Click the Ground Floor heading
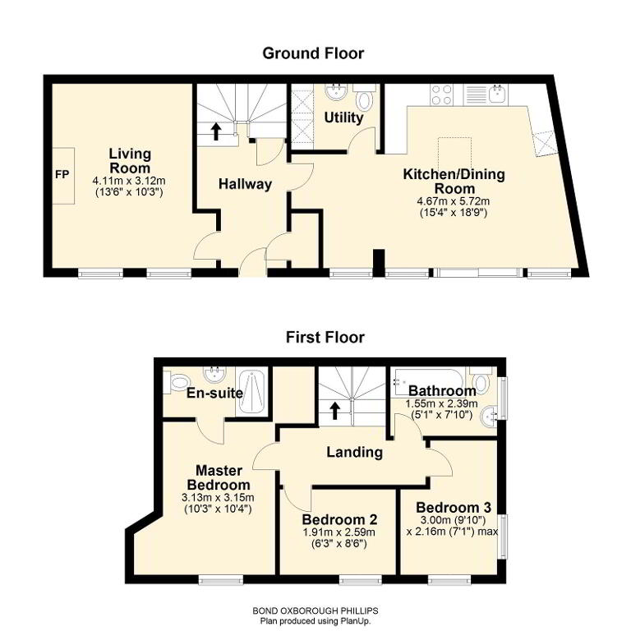[313, 53]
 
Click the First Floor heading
[325, 337]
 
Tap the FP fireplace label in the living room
[62, 175]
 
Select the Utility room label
[343, 117]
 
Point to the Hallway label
[245, 184]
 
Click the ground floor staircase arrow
[216, 131]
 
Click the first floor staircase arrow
[335, 411]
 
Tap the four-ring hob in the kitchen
[441, 95]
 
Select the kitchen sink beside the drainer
[498, 94]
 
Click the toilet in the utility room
[365, 99]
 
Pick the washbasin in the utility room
[336, 92]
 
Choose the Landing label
[354, 452]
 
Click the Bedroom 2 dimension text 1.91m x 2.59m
[339, 532]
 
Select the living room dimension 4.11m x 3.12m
[129, 181]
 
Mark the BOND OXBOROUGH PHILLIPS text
[315, 610]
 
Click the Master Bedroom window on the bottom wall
[221, 580]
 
